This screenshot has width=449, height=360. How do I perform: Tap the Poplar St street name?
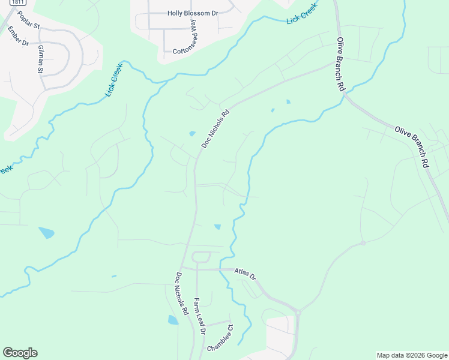(28, 20)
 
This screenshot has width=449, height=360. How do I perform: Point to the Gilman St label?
(41, 59)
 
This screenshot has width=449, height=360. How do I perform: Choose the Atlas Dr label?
(245, 274)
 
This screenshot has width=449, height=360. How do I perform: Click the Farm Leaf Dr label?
(199, 316)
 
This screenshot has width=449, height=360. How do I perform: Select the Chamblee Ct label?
(220, 339)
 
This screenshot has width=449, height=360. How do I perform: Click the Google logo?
(20, 353)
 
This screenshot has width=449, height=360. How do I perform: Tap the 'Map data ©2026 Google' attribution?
(411, 355)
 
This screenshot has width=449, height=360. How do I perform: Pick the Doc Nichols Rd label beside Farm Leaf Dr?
(182, 294)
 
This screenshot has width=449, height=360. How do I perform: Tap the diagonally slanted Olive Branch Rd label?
(412, 146)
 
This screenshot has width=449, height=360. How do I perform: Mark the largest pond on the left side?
(46, 232)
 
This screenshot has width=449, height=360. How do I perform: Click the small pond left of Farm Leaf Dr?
(173, 320)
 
